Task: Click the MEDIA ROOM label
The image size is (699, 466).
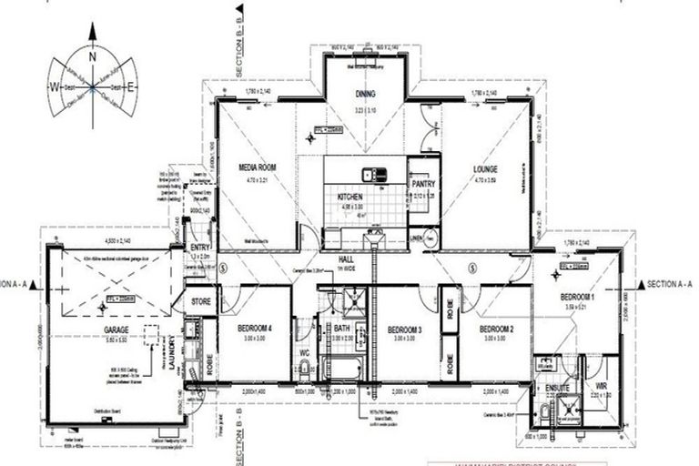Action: click(258, 167)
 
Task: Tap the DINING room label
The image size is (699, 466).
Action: click(366, 94)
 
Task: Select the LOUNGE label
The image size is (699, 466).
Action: click(484, 169)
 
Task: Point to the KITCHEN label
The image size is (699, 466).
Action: click(350, 197)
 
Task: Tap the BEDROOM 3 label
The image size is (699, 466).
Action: click(404, 329)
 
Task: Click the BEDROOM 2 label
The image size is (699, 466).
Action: click(497, 329)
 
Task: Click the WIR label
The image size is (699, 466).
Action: click(600, 387)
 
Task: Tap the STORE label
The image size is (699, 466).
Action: click(200, 300)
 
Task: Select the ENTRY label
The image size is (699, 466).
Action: click(198, 248)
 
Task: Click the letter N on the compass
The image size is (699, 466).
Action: click(93, 56)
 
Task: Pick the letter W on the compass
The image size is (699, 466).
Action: click(55, 87)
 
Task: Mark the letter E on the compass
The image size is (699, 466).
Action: click(131, 87)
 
